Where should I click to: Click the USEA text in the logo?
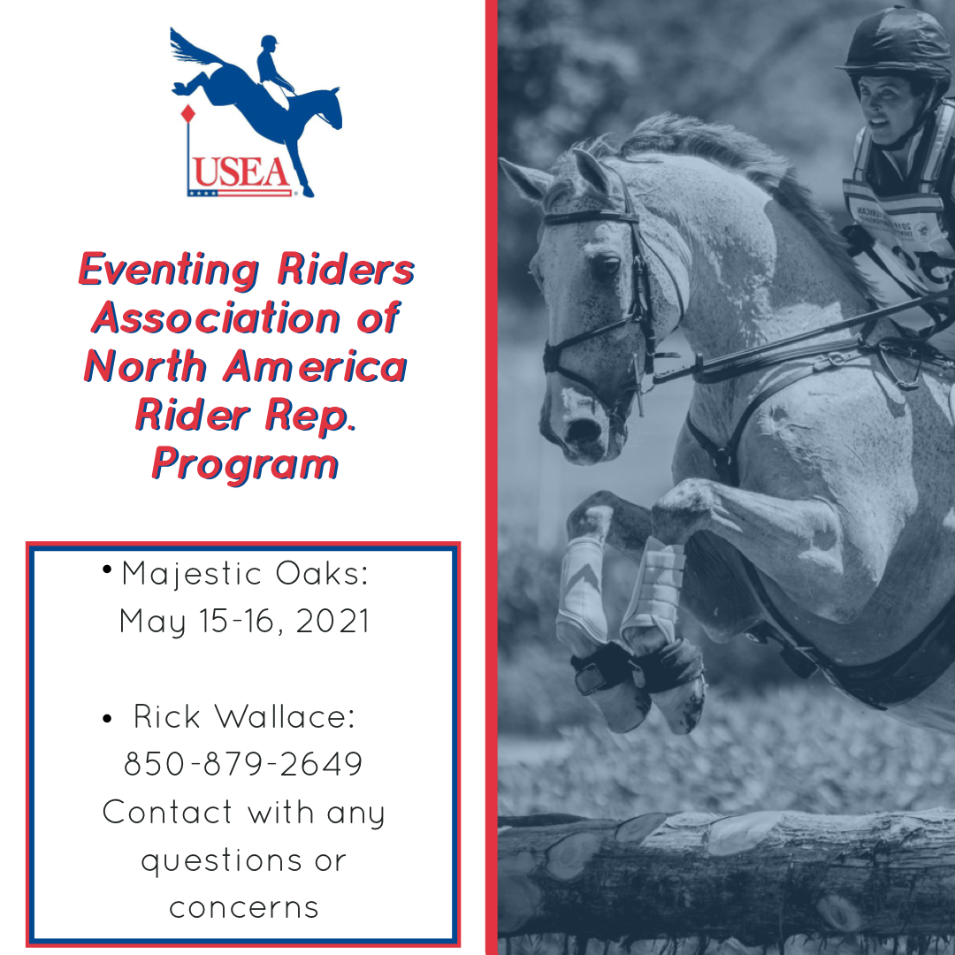[x=241, y=172]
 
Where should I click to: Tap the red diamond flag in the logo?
[x=188, y=114]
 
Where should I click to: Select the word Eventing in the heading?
[x=169, y=270]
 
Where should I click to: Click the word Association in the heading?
[x=217, y=318]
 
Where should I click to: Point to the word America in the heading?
[x=315, y=367]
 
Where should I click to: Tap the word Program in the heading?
[x=245, y=465]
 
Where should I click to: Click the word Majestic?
[x=192, y=575]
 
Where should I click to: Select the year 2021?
[x=332, y=622]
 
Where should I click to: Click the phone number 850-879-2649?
[x=244, y=764]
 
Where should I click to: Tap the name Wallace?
[x=285, y=716]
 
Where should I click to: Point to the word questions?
[x=222, y=862]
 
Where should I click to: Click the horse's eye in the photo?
[x=606, y=267]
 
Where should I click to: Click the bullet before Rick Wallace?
[x=107, y=719]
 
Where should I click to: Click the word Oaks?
[x=322, y=573]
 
